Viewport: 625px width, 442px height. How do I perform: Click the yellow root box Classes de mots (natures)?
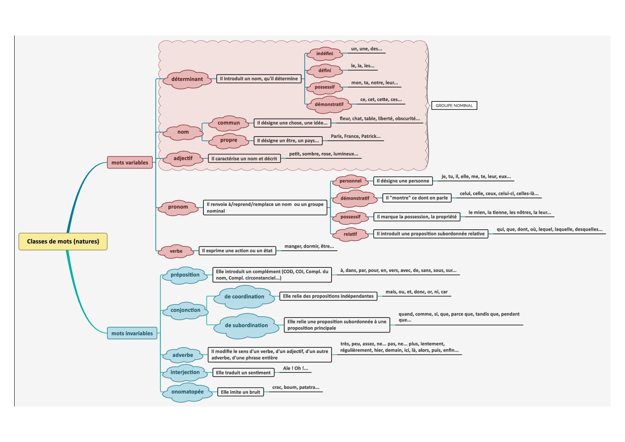click(63, 241)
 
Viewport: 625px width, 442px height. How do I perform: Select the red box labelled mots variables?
click(130, 163)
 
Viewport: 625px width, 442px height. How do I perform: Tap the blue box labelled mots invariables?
click(132, 333)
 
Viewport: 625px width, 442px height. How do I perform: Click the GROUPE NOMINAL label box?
click(454, 106)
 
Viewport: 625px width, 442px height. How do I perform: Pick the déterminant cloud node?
click(187, 79)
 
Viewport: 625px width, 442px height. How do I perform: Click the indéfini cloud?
click(324, 53)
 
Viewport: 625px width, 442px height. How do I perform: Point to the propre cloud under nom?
click(228, 140)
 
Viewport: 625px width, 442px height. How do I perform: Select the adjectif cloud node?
click(183, 159)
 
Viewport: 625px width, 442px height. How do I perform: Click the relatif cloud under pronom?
click(350, 234)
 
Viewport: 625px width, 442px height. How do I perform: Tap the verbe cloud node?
click(176, 251)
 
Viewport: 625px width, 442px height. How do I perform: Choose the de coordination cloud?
click(244, 297)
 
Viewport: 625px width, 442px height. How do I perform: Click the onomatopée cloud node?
click(187, 392)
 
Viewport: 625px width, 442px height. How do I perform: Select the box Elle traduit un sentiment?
click(243, 373)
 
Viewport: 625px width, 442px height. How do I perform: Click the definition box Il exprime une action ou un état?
click(237, 251)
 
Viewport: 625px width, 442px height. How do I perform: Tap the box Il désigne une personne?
click(403, 181)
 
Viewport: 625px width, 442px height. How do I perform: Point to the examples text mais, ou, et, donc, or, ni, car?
click(416, 292)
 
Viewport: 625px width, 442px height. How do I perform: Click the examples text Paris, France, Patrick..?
click(355, 137)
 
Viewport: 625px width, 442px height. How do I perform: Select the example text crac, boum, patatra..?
click(296, 388)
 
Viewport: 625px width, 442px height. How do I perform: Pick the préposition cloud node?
click(185, 275)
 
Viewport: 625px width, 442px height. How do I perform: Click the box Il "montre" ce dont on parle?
click(417, 198)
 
